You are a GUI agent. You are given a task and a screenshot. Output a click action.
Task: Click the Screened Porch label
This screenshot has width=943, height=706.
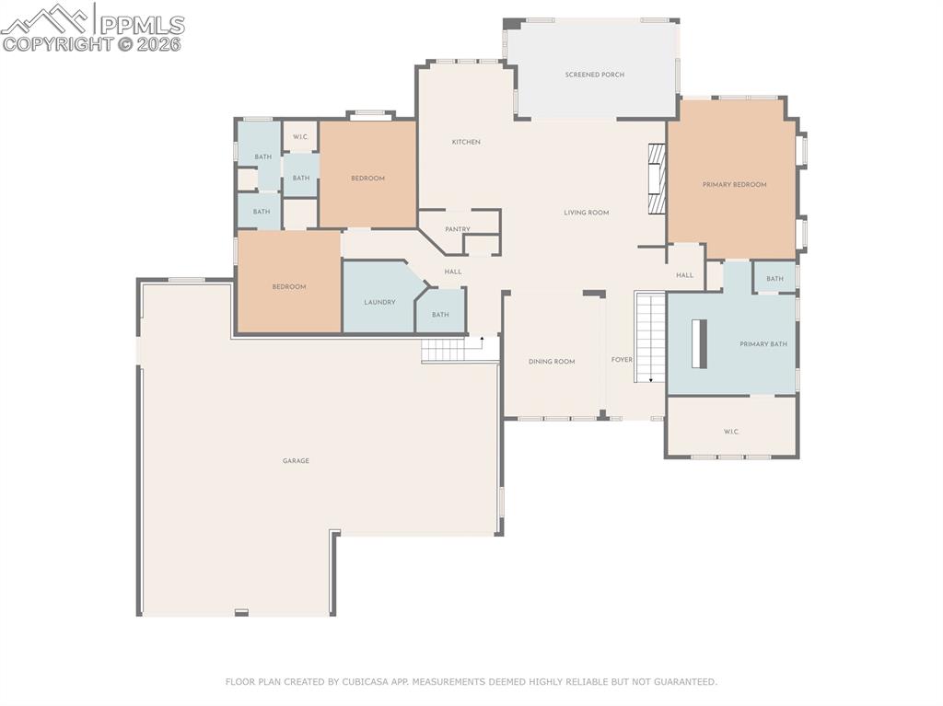pyautogui.click(x=595, y=75)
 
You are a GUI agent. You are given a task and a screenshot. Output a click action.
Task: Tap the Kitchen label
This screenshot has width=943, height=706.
pyautogui.click(x=466, y=142)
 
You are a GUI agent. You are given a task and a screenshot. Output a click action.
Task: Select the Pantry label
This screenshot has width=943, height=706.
pyautogui.click(x=458, y=229)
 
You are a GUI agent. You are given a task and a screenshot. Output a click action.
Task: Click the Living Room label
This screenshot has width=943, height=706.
pyautogui.click(x=587, y=213)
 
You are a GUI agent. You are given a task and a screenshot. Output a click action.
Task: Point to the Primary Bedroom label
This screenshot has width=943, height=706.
pyautogui.click(x=734, y=185)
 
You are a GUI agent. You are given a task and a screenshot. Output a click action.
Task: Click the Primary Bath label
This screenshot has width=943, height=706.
pyautogui.click(x=763, y=344)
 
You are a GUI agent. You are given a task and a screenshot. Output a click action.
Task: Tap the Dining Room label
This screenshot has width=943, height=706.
pyautogui.click(x=552, y=362)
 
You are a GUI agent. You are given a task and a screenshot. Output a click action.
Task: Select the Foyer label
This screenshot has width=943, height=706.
pyautogui.click(x=623, y=360)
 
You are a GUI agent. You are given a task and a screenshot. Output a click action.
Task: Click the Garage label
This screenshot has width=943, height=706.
pyautogui.click(x=296, y=460)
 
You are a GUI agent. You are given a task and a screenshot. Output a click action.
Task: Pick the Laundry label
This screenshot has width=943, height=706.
pyautogui.click(x=379, y=302)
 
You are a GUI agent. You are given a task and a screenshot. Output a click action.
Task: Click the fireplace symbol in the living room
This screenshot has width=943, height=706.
pyautogui.click(x=656, y=179)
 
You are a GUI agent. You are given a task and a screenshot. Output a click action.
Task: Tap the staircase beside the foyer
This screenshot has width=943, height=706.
pyautogui.click(x=650, y=337)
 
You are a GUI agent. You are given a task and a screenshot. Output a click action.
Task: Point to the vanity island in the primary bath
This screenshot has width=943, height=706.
pyautogui.click(x=699, y=343)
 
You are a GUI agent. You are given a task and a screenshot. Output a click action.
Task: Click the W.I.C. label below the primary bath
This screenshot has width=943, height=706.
pyautogui.click(x=731, y=432)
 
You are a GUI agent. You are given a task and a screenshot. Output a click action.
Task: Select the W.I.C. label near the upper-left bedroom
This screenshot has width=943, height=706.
pyautogui.click(x=300, y=137)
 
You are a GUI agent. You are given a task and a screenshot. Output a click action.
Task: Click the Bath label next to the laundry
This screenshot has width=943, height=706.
pyautogui.click(x=440, y=315)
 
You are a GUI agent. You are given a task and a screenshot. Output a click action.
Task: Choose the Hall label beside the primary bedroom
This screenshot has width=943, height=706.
pyautogui.click(x=684, y=275)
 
